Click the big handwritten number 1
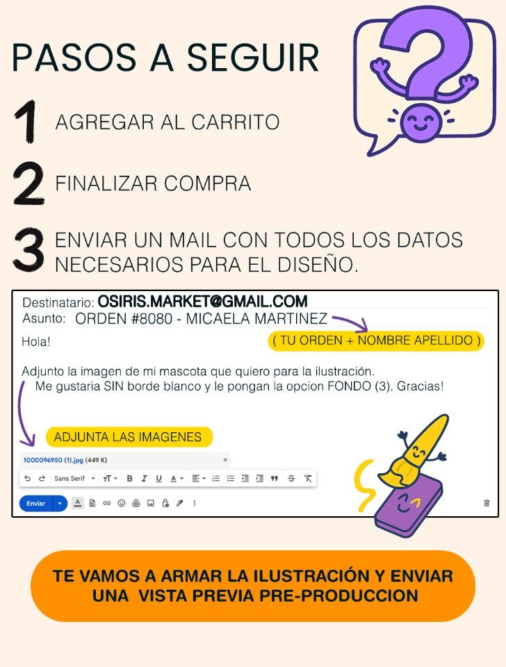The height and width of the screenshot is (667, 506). (28, 122)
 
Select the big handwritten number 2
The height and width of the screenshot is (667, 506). (28, 183)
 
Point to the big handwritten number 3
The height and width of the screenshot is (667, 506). (29, 250)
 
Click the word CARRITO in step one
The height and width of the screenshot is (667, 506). (236, 122)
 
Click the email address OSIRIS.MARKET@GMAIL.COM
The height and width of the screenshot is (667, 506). (202, 301)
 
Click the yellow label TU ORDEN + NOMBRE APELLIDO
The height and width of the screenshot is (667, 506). (376, 340)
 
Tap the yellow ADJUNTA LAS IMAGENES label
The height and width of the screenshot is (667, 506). (129, 437)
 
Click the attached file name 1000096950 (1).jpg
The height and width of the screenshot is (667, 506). (54, 460)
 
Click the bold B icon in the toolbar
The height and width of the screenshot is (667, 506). (130, 479)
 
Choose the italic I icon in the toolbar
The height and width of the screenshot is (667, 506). (145, 479)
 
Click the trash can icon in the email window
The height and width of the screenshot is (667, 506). (487, 503)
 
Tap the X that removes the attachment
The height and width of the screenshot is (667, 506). (225, 460)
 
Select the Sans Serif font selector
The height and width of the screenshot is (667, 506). (74, 479)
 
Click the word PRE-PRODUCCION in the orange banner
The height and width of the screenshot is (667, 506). (338, 595)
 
